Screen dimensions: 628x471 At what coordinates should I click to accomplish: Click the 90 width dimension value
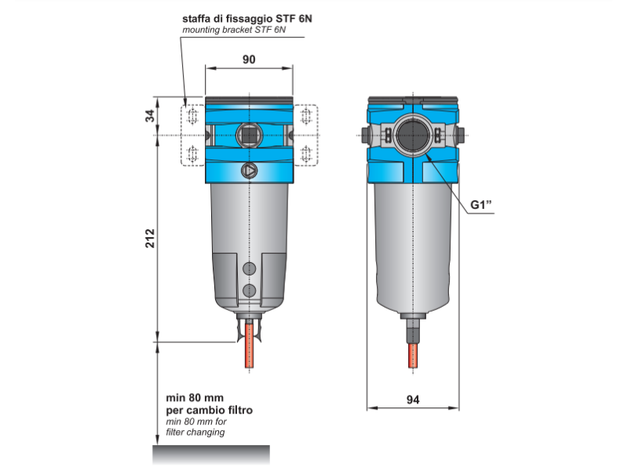click(249, 60)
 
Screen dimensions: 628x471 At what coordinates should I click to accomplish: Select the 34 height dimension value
click(150, 116)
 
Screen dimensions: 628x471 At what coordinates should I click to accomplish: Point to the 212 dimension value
click(150, 239)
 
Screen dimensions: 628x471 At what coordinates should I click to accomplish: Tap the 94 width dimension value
click(413, 400)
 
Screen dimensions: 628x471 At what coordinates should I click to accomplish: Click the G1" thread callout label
click(480, 205)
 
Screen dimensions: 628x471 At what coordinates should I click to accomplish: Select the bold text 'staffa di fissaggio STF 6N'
click(247, 19)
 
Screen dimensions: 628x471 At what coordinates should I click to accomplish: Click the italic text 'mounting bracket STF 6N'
click(234, 30)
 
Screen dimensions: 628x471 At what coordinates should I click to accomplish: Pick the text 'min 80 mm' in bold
click(195, 398)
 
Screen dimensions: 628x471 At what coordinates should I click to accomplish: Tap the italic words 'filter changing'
click(195, 433)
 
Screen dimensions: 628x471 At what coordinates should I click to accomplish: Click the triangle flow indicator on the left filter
click(249, 171)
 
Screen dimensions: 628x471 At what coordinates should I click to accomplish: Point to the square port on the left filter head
click(249, 135)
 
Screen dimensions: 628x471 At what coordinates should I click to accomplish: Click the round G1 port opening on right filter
click(413, 135)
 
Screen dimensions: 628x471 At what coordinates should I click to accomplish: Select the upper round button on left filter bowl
click(249, 268)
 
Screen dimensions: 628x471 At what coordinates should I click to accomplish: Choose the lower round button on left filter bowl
click(249, 290)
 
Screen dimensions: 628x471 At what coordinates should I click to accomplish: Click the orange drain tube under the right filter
click(413, 356)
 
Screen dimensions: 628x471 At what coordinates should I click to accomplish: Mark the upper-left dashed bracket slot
click(192, 116)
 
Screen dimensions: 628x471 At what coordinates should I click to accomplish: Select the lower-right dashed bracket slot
click(306, 154)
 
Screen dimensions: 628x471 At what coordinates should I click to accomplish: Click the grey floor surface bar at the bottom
click(211, 455)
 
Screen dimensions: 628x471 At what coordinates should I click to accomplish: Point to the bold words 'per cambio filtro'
click(209, 410)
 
